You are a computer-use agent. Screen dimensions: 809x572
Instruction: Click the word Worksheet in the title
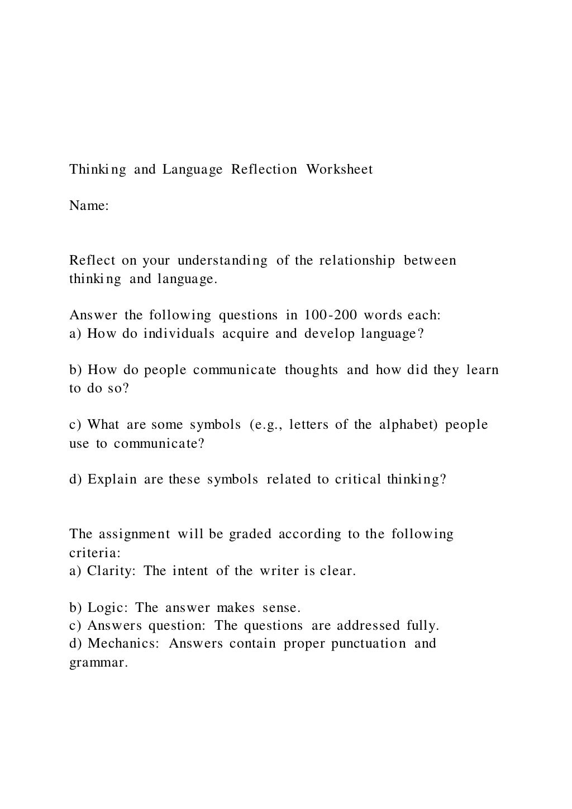[x=339, y=169]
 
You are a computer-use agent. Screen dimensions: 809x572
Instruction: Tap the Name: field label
[x=89, y=206]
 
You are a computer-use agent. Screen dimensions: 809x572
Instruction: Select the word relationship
[x=357, y=261]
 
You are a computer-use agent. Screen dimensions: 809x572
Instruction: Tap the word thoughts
[x=311, y=370]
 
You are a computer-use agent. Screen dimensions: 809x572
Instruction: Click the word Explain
[x=112, y=480]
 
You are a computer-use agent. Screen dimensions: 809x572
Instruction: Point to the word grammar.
[x=98, y=663]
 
